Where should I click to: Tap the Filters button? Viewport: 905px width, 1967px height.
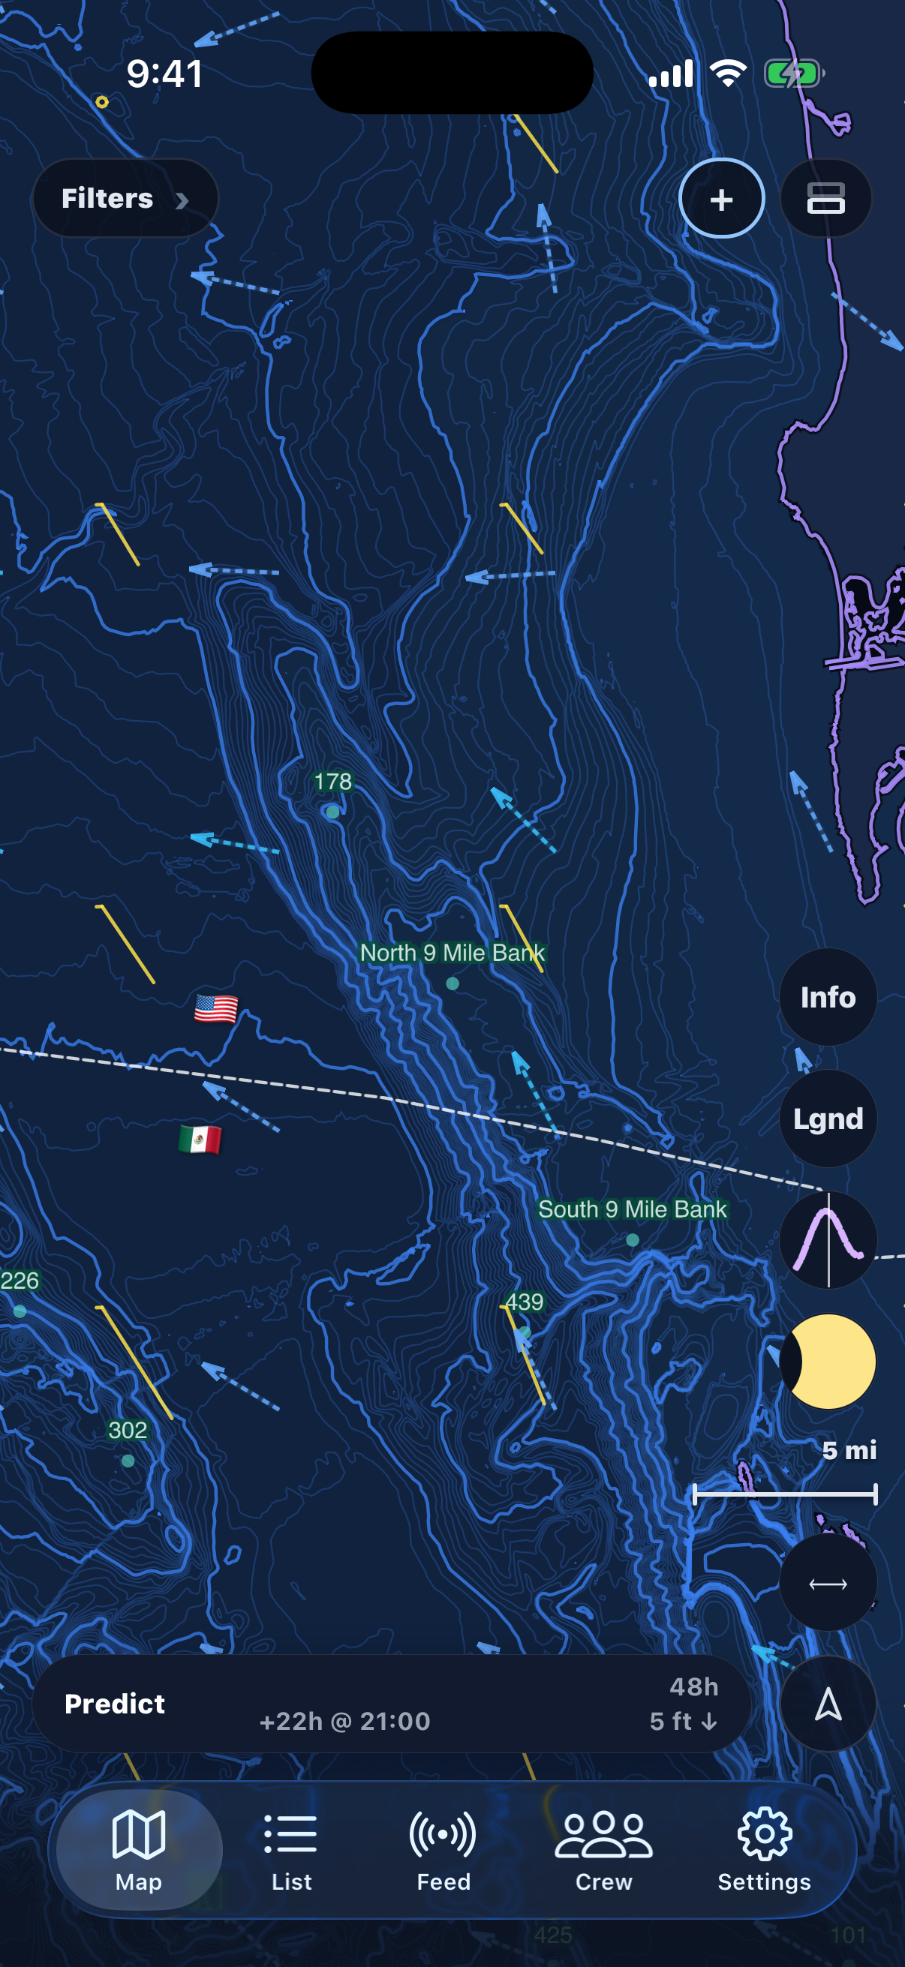point(124,199)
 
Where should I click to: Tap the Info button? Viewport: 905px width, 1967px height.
point(828,997)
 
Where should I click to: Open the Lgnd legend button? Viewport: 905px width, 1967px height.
point(828,1119)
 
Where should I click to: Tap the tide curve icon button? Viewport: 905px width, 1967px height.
point(828,1240)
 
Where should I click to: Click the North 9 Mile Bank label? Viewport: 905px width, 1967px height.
point(452,953)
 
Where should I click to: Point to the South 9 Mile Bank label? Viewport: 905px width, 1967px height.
point(633,1209)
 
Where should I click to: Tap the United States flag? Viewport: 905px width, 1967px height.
point(216,1009)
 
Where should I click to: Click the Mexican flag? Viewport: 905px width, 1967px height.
point(200,1140)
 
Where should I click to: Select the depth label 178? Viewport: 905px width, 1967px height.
point(333,781)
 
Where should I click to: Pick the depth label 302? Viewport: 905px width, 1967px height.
point(128,1430)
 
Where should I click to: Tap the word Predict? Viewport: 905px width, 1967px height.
point(115,1704)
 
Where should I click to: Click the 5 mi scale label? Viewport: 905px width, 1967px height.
point(849,1450)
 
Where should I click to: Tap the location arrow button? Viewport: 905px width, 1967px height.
point(828,1704)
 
